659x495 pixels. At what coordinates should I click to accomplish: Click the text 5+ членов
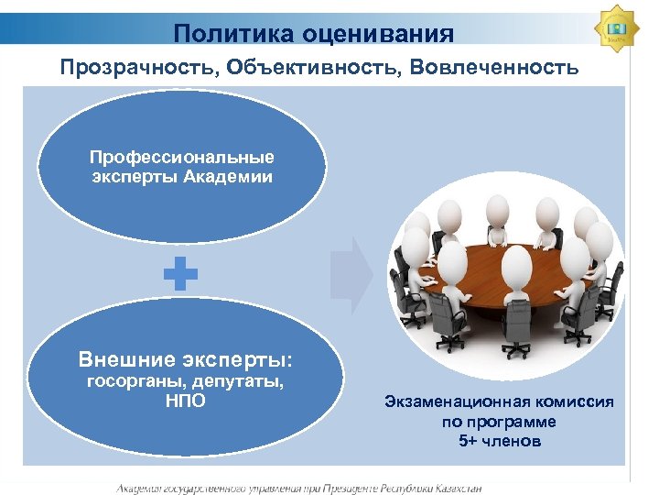[x=500, y=441]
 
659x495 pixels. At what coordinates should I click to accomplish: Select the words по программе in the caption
[x=500, y=422]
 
